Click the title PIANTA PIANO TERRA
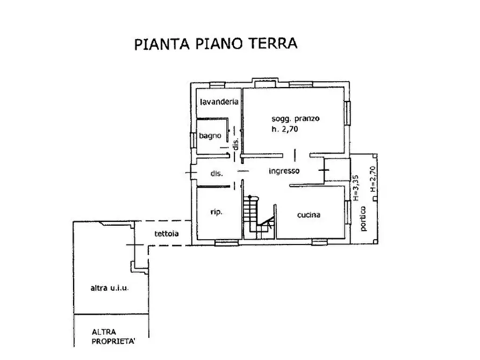(215, 44)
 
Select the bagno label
(210, 136)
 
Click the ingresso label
(284, 171)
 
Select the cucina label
(309, 215)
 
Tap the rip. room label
(217, 212)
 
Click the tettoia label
(167, 234)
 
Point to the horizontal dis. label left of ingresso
(217, 174)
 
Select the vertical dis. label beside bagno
(235, 143)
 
